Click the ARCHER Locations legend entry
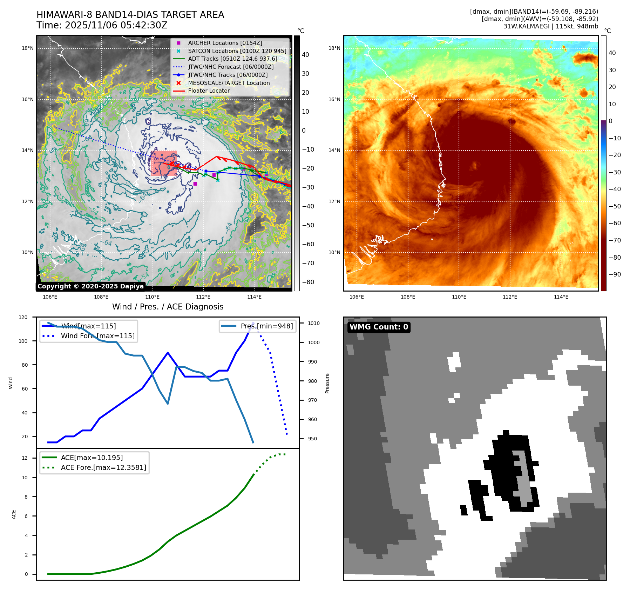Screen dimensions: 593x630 pyautogui.click(x=225, y=43)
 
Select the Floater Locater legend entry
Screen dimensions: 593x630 pyautogui.click(x=209, y=91)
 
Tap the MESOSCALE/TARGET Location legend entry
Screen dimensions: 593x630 pyautogui.click(x=229, y=83)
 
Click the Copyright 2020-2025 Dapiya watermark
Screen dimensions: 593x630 pyautogui.click(x=90, y=286)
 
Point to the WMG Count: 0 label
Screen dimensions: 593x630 pyautogui.click(x=379, y=327)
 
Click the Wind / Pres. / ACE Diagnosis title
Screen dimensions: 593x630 pyautogui.click(x=168, y=307)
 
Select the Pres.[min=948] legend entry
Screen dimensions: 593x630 pyautogui.click(x=266, y=326)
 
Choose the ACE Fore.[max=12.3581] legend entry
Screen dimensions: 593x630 pyautogui.click(x=103, y=467)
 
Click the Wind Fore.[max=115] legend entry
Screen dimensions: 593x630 pyautogui.click(x=97, y=336)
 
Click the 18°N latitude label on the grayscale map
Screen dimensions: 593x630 pyautogui.click(x=28, y=48)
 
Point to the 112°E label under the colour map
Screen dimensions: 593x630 pyautogui.click(x=510, y=297)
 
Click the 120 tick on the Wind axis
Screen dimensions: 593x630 pyautogui.click(x=23, y=317)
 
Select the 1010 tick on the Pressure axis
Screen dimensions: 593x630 pyautogui.click(x=314, y=323)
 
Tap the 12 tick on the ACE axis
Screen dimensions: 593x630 pyautogui.click(x=25, y=458)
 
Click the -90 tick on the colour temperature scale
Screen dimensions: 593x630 pyautogui.click(x=615, y=274)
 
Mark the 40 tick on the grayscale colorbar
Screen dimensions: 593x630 pyautogui.click(x=305, y=55)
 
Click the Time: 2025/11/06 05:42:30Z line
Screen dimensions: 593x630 pyautogui.click(x=102, y=25)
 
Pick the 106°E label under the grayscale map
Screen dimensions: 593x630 pyautogui.click(x=50, y=297)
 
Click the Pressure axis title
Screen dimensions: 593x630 pyautogui.click(x=327, y=383)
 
